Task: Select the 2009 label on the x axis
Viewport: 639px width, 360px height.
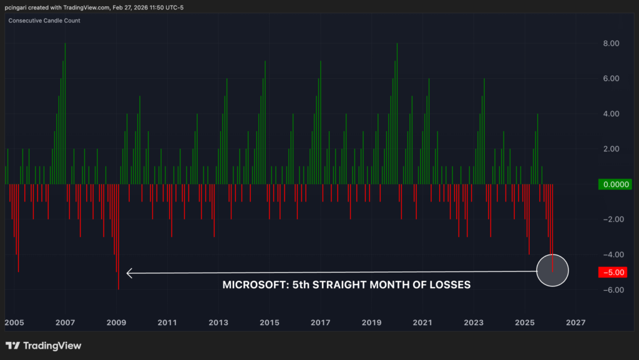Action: (x=116, y=323)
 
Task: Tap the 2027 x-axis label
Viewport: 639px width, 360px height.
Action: (x=575, y=323)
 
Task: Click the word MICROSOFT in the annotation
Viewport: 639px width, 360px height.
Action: (x=251, y=285)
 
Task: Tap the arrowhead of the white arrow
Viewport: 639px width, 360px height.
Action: (x=129, y=273)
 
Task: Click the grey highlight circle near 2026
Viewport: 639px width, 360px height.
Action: (x=553, y=271)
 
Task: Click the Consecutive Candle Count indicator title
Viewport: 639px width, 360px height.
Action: (x=44, y=21)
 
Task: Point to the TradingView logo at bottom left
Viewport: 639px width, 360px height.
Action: (x=43, y=346)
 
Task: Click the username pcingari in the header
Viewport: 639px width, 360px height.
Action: (x=21, y=7)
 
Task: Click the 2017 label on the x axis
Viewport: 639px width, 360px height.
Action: (x=320, y=323)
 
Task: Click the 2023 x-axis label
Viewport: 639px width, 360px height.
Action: (x=474, y=323)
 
